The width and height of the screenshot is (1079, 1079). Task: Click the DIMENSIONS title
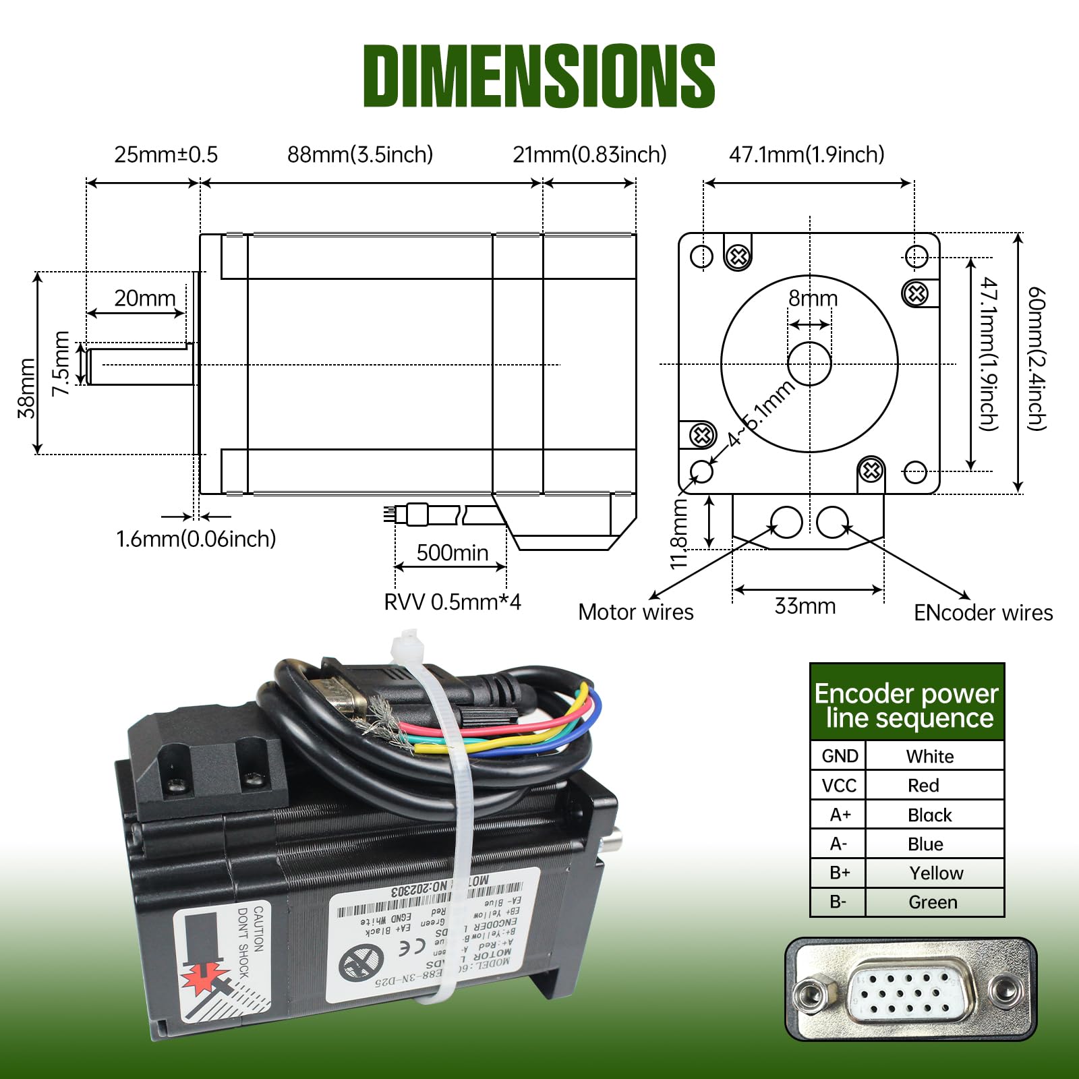pyautogui.click(x=539, y=76)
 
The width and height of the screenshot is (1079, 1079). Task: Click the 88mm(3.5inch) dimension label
pyautogui.click(x=360, y=154)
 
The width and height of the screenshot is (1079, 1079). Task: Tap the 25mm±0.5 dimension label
pyautogui.click(x=166, y=154)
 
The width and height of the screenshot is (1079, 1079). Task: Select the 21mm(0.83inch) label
pyautogui.click(x=589, y=154)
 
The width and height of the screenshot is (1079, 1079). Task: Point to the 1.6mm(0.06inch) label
pyautogui.click(x=196, y=539)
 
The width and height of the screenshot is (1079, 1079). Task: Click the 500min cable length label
pyautogui.click(x=452, y=553)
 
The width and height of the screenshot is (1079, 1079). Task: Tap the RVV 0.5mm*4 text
pyautogui.click(x=452, y=602)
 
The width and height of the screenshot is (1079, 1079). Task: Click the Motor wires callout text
pyautogui.click(x=635, y=612)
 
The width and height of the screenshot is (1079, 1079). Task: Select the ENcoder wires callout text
pyautogui.click(x=983, y=612)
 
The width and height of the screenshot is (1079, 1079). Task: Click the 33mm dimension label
pyautogui.click(x=805, y=606)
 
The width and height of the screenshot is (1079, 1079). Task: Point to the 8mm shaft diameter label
pyautogui.click(x=813, y=298)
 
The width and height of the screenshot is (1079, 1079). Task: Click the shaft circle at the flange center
pyautogui.click(x=809, y=363)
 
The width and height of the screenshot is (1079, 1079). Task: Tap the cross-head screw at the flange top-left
pyautogui.click(x=738, y=256)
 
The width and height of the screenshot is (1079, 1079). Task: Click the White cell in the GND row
pyautogui.click(x=929, y=756)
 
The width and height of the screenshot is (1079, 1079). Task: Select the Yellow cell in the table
pyautogui.click(x=935, y=873)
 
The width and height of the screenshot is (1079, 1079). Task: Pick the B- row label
pyautogui.click(x=838, y=902)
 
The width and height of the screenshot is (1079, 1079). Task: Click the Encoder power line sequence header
pyautogui.click(x=906, y=705)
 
